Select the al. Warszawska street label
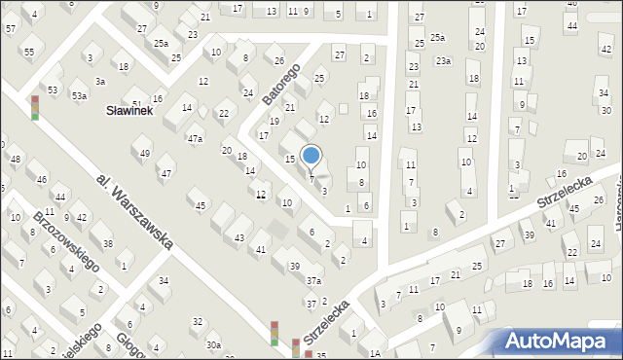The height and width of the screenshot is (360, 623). click(135, 213)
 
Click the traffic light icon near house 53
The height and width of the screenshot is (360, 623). click(35, 107)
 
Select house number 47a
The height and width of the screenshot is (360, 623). click(195, 139)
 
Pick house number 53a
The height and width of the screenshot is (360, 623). click(79, 95)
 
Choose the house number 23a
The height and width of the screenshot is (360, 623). click(443, 61)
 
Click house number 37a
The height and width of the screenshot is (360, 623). click(313, 280)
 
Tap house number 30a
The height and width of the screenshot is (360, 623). click(213, 344)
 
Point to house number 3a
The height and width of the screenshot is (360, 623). click(100, 81)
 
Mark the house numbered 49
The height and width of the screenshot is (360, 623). click(145, 153)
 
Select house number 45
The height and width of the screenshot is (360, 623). click(201, 205)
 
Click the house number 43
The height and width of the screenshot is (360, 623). click(239, 237)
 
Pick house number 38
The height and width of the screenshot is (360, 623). click(108, 242)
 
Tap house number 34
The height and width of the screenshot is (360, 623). click(164, 281)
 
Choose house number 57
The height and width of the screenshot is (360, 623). click(10, 29)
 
